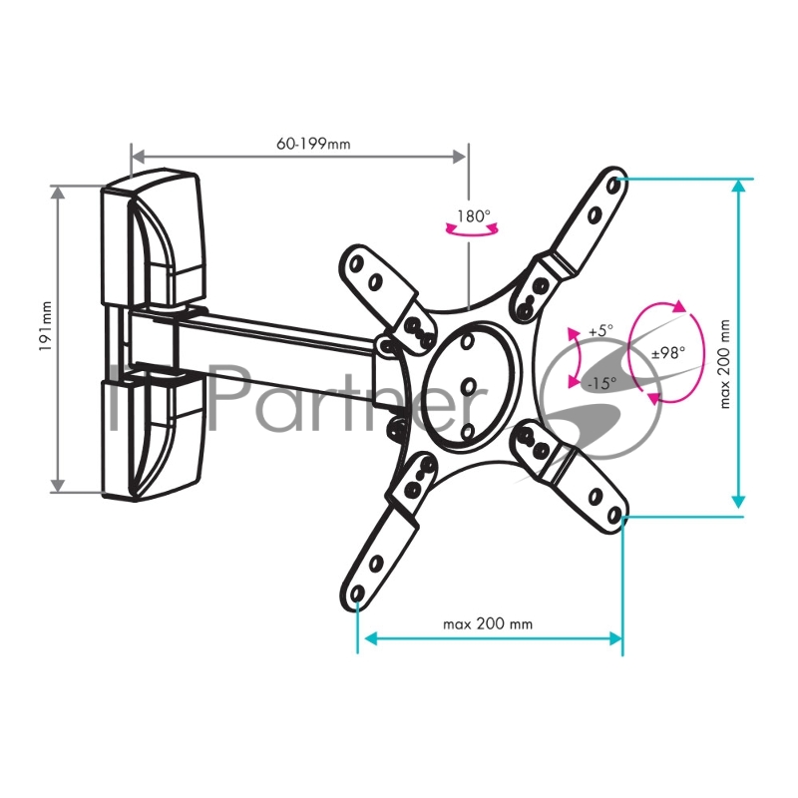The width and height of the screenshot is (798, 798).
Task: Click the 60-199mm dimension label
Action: tap(313, 144)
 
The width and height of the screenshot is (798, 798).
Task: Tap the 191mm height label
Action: tap(46, 326)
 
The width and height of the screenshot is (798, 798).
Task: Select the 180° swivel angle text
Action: tap(473, 216)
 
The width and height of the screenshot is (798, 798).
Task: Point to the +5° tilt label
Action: tap(601, 331)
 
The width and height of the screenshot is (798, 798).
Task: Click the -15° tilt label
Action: tap(602, 383)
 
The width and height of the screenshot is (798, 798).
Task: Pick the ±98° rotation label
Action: tap(668, 352)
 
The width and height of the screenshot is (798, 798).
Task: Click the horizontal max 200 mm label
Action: tap(488, 624)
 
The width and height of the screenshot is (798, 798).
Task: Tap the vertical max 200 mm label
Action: tap(725, 364)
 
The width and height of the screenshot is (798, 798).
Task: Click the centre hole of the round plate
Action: tap(469, 387)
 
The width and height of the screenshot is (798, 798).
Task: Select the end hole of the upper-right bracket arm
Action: tap(613, 186)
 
